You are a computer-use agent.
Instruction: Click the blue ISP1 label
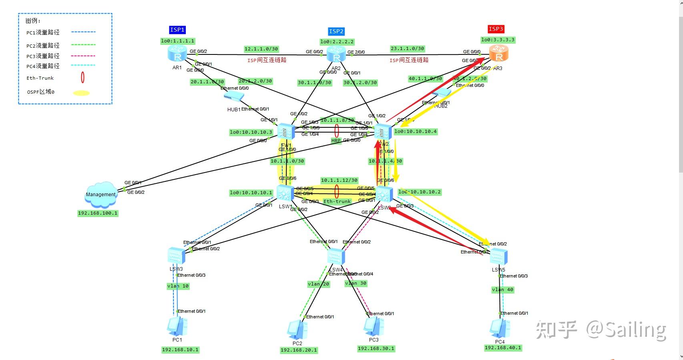click(177, 30)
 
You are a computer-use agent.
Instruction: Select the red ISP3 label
click(496, 29)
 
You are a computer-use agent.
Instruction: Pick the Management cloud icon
click(101, 193)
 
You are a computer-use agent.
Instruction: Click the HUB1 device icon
click(233, 96)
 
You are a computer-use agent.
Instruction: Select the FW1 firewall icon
click(286, 132)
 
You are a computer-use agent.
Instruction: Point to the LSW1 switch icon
click(285, 194)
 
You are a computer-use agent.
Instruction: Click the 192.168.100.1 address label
click(98, 213)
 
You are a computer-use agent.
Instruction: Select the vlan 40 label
click(502, 290)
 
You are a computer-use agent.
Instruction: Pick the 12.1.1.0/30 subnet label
click(261, 49)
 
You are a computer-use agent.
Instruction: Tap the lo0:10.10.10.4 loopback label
click(415, 131)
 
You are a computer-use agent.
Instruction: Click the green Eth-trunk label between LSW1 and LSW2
click(337, 201)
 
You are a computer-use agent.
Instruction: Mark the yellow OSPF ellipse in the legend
click(81, 93)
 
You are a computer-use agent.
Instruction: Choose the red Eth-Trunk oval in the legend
click(82, 77)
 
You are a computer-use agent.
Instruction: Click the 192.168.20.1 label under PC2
click(299, 350)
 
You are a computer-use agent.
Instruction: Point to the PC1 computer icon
click(177, 326)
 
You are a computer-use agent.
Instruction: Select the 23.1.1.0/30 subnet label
click(407, 48)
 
